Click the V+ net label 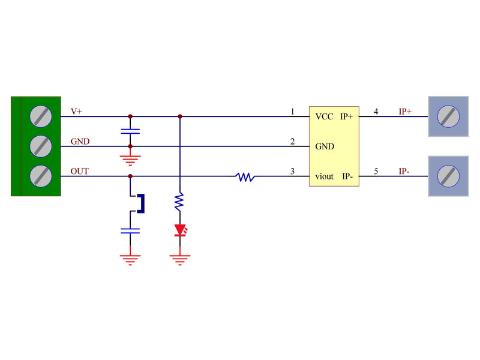76,112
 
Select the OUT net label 79,172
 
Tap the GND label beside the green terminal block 80,142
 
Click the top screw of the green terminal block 41,116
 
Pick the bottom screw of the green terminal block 41,176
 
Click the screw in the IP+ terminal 448,116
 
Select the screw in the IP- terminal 448,176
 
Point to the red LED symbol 180,230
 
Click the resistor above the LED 179,201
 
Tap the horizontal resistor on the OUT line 245,177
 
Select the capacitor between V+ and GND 130,130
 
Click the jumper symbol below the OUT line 139,203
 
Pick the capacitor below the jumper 130,230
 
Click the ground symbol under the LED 180,259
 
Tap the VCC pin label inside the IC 324,116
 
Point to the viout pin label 325,176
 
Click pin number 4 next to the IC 376,112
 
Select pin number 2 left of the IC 292,142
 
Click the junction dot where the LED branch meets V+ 179,116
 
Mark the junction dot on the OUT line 130,176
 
